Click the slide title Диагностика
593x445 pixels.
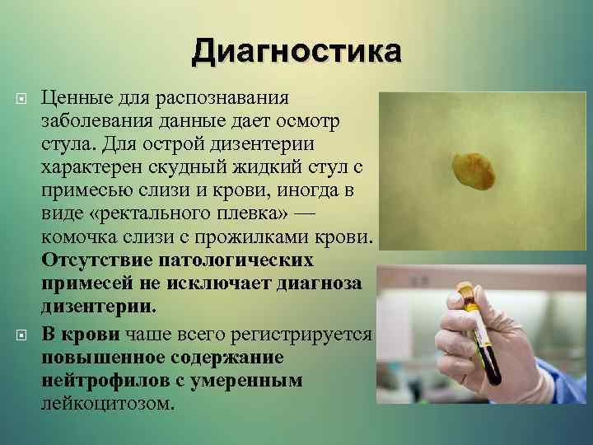296,51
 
